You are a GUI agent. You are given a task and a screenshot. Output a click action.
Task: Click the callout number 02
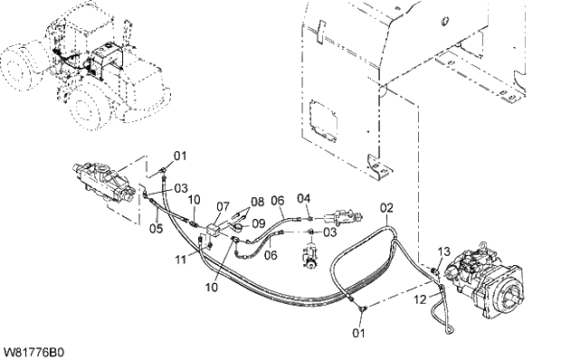point(386,209)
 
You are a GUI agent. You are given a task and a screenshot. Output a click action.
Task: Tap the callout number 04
point(304,198)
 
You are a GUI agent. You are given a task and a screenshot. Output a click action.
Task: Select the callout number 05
point(156,228)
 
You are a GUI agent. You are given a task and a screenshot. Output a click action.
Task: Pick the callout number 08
point(258,202)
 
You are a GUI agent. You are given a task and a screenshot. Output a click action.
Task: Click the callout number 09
point(259,223)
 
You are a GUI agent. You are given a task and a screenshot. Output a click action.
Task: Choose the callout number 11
point(182,261)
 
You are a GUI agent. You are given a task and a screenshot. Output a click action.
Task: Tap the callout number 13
point(443,251)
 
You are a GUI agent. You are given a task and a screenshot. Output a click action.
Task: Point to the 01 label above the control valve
point(179,156)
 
